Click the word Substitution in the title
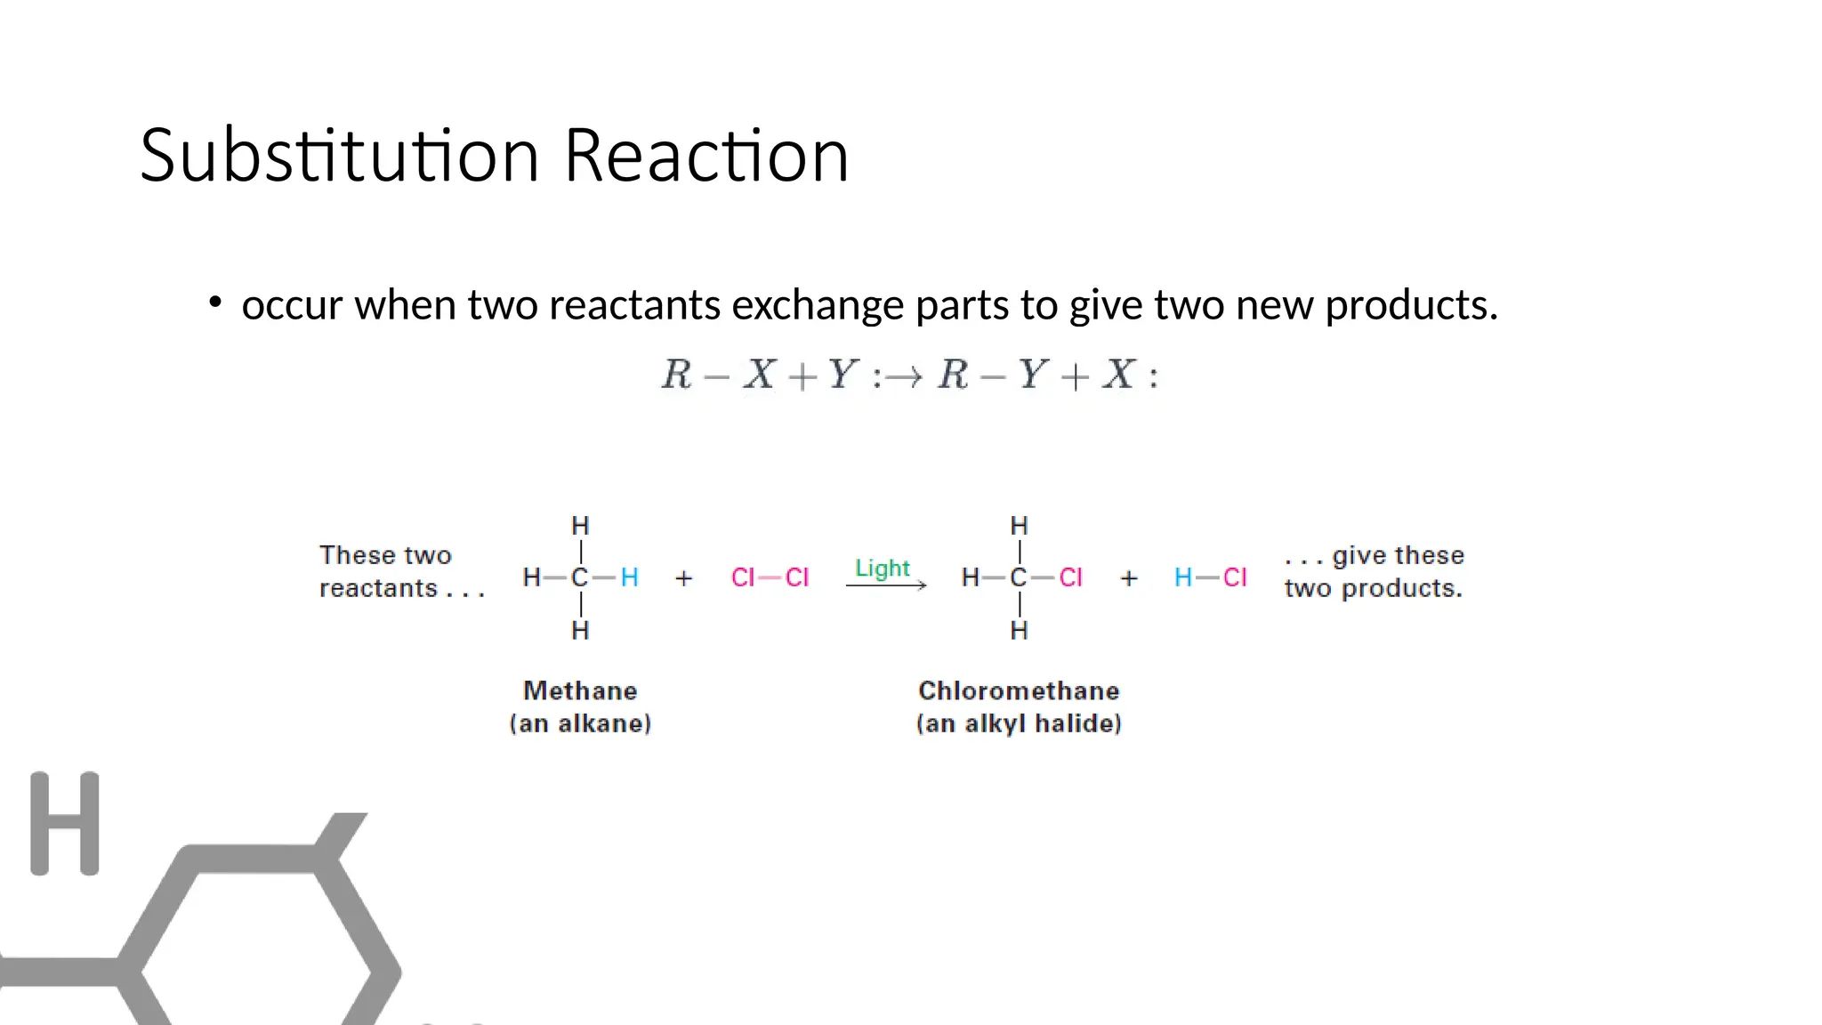tap(339, 156)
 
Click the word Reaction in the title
tap(706, 156)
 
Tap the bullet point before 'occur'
tap(214, 303)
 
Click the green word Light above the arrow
tap(882, 568)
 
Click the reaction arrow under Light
tap(886, 585)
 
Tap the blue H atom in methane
tap(629, 577)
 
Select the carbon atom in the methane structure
tap(579, 577)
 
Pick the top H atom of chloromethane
tap(1020, 526)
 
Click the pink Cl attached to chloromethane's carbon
tap(1070, 577)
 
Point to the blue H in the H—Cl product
tap(1182, 577)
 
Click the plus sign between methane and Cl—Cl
tap(683, 578)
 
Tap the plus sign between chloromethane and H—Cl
tap(1129, 578)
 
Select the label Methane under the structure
tap(580, 690)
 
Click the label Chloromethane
tap(1019, 690)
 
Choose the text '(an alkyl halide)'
tap(1019, 723)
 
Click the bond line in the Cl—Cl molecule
tap(770, 577)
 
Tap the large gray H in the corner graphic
tap(65, 823)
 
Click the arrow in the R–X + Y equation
tap(904, 377)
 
